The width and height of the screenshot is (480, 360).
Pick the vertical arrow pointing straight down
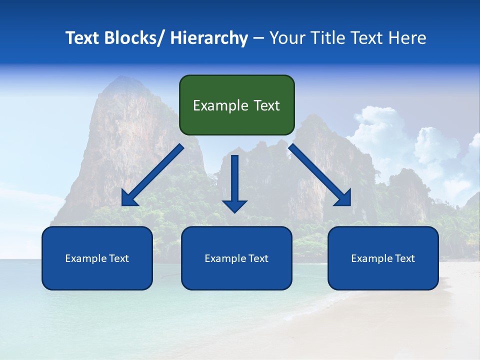[234, 183]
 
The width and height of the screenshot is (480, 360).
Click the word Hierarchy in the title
[208, 38]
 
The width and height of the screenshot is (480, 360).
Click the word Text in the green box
[265, 105]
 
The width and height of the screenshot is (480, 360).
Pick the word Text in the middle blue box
[258, 258]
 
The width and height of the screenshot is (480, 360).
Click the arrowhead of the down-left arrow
[129, 198]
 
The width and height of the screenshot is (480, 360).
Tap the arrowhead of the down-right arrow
[343, 198]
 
